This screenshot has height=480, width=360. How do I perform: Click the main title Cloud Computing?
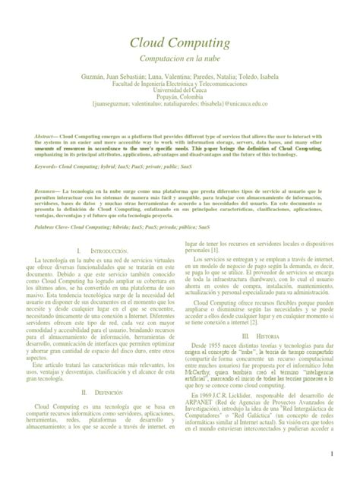[x=179, y=43]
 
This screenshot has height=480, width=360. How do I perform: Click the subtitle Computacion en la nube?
[x=179, y=58]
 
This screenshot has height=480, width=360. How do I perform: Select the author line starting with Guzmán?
[x=179, y=77]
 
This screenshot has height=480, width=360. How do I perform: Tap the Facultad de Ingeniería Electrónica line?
[x=179, y=85]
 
